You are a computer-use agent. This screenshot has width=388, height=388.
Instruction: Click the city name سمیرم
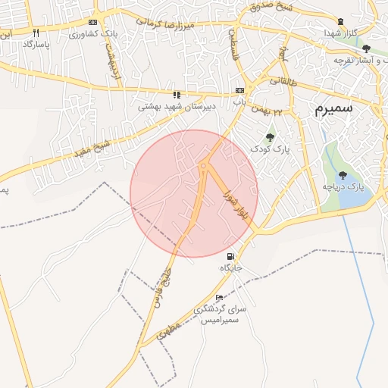pos(335,109)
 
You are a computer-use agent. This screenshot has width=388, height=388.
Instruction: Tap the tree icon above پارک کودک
pos(270,136)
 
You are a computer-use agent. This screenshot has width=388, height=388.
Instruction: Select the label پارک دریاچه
pos(344,186)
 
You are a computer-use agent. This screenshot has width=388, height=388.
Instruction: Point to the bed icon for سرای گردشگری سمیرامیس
pos(220,298)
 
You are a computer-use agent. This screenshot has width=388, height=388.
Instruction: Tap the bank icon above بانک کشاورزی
pos(92,23)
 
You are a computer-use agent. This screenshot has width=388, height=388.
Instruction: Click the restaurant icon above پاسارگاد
pos(36,33)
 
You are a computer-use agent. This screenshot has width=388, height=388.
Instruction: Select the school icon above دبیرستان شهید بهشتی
pos(177,95)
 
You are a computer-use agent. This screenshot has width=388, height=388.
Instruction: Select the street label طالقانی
pos(283,77)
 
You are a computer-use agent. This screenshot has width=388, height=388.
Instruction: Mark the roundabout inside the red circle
pos(204,166)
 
